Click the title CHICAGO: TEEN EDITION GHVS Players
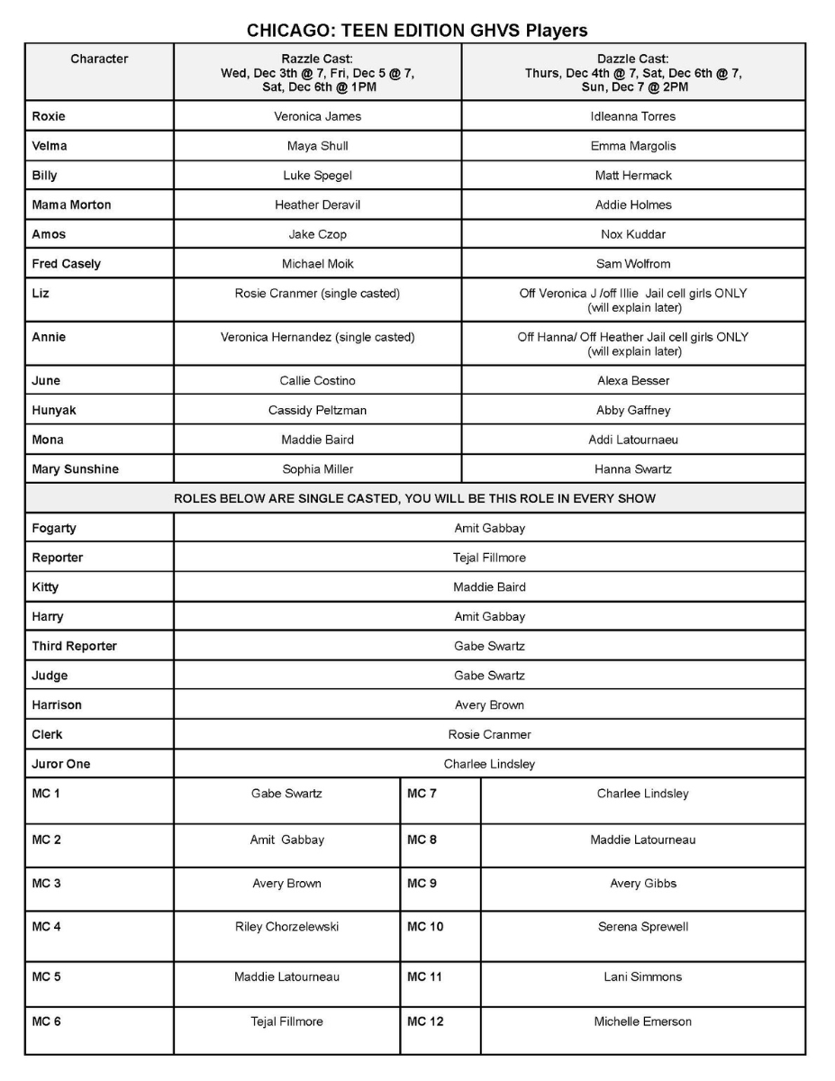point(417,31)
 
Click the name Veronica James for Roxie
point(317,116)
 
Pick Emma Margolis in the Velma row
point(634,146)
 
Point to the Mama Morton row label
point(72,204)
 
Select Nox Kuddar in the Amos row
point(634,234)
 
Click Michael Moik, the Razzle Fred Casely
point(317,264)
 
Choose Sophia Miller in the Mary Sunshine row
point(317,469)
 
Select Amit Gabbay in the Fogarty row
point(489,529)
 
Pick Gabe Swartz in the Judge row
point(489,676)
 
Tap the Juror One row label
point(61,764)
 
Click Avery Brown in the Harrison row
point(489,705)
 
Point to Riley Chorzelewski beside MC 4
point(286,927)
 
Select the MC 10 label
point(425,927)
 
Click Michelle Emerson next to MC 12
point(642,1022)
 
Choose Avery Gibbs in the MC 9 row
point(642,884)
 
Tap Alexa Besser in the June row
point(634,381)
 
